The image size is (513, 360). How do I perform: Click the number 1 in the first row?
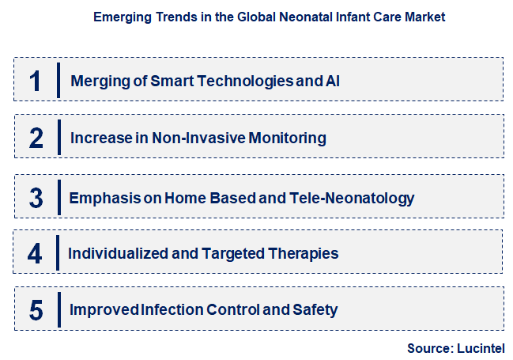pos(35,81)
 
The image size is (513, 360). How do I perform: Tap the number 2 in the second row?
pos(36,138)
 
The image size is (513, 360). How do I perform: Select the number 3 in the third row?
pos(36,197)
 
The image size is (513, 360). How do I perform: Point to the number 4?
pos(35,254)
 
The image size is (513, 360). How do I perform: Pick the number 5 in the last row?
pos(36,310)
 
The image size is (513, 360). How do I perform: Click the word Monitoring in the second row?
pos(287,138)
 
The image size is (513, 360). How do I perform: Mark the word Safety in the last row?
pos(315,310)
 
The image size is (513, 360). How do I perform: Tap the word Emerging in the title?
pos(119,16)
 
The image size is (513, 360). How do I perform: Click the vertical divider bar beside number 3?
pos(58,197)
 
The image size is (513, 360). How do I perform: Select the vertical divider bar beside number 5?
pos(58,310)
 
